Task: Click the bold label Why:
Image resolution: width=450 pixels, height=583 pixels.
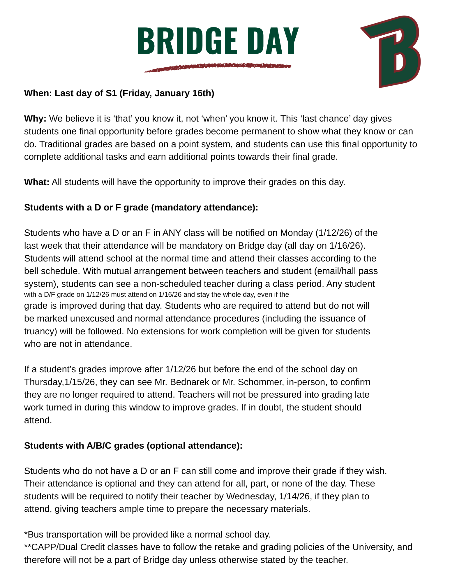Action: (x=35, y=119)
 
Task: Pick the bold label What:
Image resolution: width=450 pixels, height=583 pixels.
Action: (x=37, y=182)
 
